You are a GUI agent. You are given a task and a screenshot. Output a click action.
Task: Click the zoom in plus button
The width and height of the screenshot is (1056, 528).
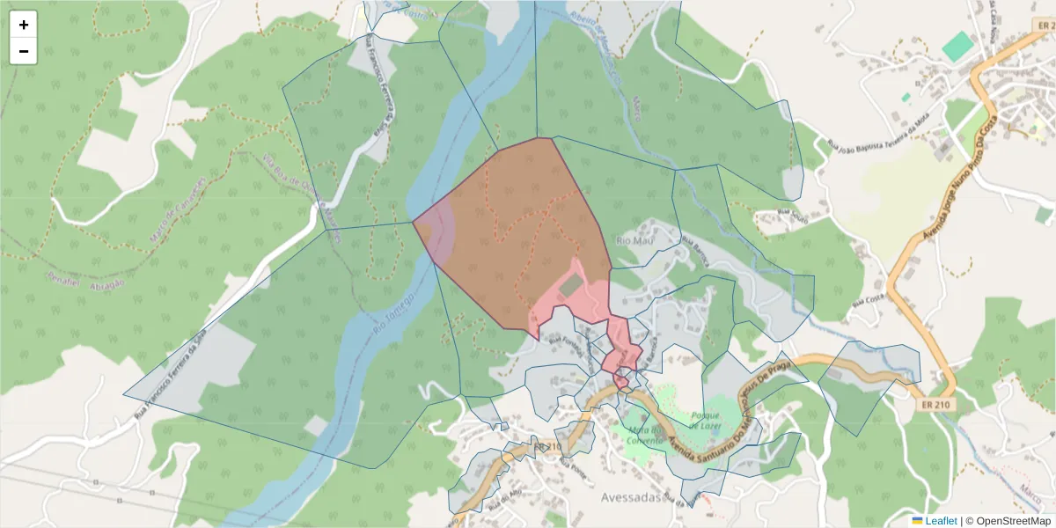pyautogui.click(x=24, y=25)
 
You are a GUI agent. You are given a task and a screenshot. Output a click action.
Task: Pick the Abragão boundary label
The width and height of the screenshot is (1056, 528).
pyautogui.click(x=105, y=284)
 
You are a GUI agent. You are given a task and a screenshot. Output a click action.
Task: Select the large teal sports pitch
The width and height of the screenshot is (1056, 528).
pyautogui.click(x=957, y=47)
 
